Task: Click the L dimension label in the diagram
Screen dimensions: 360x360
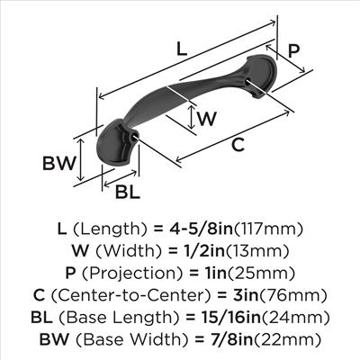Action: pyautogui.click(x=182, y=49)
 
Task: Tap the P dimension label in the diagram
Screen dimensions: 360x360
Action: pyautogui.click(x=293, y=50)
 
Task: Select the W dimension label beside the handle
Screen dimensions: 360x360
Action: pyautogui.click(x=207, y=119)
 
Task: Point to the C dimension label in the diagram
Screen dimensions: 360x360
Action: pyautogui.click(x=238, y=145)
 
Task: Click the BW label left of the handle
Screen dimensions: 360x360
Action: pyautogui.click(x=58, y=164)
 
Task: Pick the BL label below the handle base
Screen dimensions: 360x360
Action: pyautogui.click(x=128, y=192)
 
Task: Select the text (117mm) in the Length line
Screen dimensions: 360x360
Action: pyautogui.click(x=268, y=229)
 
